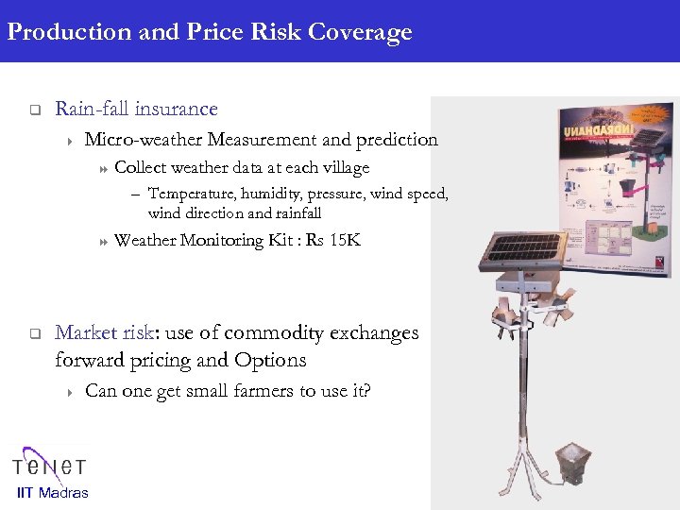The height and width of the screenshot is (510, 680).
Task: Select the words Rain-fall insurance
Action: [136, 110]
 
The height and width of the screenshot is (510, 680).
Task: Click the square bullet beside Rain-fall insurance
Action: [32, 110]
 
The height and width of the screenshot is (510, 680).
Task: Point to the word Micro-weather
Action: [143, 140]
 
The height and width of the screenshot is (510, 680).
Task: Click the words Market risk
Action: [103, 333]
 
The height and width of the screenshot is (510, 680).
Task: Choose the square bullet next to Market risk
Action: [32, 333]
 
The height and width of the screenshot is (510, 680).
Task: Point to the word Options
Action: [272, 360]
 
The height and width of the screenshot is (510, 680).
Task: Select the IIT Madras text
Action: [53, 492]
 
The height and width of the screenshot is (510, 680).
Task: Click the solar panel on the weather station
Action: [522, 247]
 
